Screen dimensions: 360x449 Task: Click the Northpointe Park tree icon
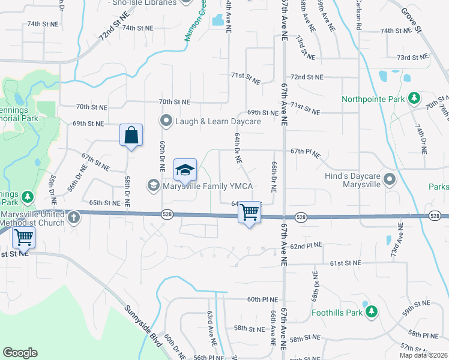click(414, 98)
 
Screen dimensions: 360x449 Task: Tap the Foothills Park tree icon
click(372, 311)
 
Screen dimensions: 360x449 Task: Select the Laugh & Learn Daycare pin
click(166, 121)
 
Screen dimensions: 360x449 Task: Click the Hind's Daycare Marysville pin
click(391, 179)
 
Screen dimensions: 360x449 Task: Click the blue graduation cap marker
click(185, 170)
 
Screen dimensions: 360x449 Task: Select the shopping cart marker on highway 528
click(249, 212)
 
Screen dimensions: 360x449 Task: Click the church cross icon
click(74, 217)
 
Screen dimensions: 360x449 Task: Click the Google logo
click(20, 353)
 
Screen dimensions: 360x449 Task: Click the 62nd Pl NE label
click(307, 245)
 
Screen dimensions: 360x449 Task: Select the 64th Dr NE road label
click(238, 149)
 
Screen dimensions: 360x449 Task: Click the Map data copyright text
click(423, 355)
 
